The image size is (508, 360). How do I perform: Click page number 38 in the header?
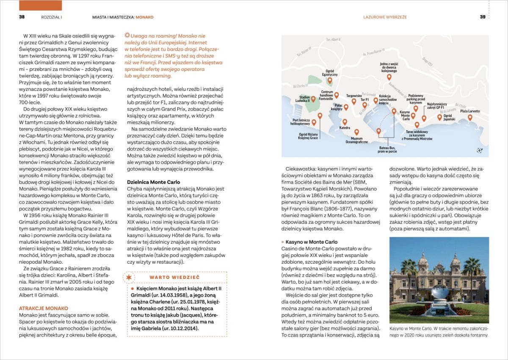(22, 17)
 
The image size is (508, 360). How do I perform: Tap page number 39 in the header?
(482, 17)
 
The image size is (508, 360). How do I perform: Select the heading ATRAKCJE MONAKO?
(44, 308)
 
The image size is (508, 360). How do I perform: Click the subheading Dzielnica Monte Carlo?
(154, 182)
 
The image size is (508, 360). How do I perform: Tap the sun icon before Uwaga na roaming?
(127, 36)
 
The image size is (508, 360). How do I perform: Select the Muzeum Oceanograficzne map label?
(356, 140)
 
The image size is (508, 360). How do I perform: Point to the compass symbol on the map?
(479, 149)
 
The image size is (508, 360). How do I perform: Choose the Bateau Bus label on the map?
(387, 149)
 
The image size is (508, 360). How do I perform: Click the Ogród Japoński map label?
(449, 118)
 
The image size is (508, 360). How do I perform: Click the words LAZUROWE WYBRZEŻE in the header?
(385, 17)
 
